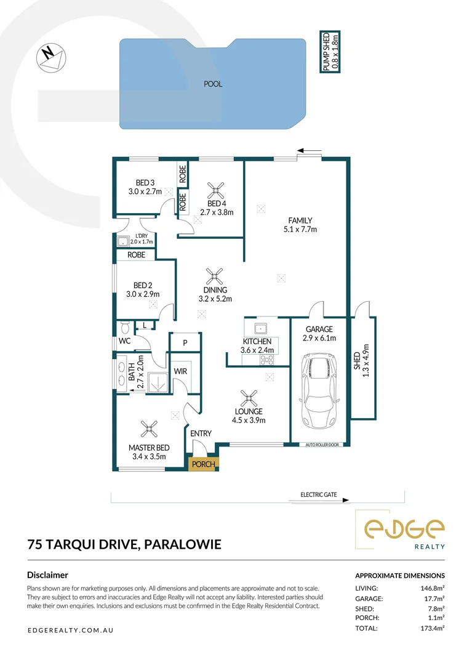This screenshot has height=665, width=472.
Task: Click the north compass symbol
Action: tap(51, 57)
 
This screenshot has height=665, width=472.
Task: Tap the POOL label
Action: tap(213, 84)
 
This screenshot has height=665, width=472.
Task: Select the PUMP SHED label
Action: tap(331, 52)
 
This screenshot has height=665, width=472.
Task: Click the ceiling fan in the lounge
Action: tap(249, 396)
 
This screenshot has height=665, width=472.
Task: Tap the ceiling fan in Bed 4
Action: tap(215, 188)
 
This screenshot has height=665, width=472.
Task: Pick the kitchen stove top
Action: tap(268, 359)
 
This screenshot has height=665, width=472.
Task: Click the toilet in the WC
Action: tap(124, 328)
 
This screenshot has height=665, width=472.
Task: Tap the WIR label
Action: tap(180, 371)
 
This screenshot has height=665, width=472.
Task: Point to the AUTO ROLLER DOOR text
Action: tap(319, 444)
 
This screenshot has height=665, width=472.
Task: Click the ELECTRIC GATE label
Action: tap(318, 494)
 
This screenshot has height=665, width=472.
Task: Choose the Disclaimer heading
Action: tap(47, 575)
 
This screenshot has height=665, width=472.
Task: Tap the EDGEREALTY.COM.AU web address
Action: tap(71, 631)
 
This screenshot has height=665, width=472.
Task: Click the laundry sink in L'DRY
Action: tap(122, 241)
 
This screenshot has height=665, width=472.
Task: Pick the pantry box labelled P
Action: tap(184, 343)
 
